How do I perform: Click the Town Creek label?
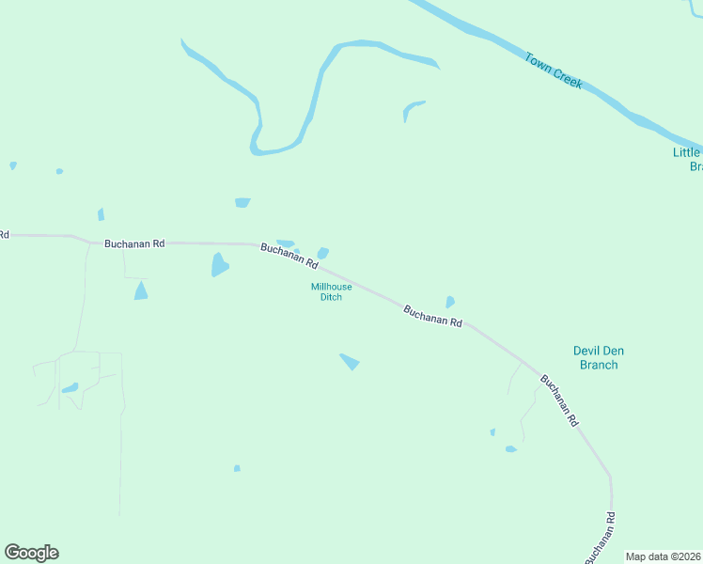point(554,70)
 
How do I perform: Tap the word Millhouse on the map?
point(332,287)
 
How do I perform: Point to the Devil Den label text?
point(599,352)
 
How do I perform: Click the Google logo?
point(31,553)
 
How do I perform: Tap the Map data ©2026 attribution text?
point(664,556)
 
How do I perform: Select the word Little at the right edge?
point(686,152)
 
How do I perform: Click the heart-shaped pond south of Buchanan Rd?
point(219,264)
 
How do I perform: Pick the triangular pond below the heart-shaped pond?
point(141,291)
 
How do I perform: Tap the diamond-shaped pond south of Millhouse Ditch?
point(350,361)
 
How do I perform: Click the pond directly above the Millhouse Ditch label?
point(323,253)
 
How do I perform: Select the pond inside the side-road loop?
point(70,387)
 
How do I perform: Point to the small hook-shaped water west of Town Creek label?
point(412,108)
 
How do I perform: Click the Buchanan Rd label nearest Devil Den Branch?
point(558,401)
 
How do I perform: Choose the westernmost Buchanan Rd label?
point(134,243)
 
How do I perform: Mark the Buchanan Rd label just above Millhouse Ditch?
point(289,256)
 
